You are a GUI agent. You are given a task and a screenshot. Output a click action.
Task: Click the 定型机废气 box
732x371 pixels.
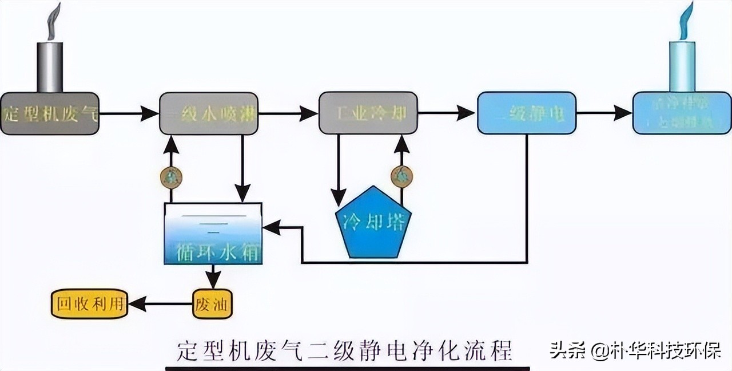(x=50, y=113)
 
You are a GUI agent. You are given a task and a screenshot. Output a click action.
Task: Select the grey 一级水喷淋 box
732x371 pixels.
(x=209, y=113)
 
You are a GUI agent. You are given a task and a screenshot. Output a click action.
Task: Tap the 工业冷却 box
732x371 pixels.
(x=368, y=113)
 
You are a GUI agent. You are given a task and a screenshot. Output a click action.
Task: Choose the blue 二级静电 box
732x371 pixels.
(x=527, y=113)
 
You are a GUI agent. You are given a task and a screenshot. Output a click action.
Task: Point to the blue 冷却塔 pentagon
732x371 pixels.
(x=373, y=223)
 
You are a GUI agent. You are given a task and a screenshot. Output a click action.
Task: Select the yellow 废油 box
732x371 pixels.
(x=213, y=303)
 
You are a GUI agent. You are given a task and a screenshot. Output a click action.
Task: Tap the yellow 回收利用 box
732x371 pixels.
(x=89, y=303)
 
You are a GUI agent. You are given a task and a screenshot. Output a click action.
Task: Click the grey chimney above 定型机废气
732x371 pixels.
(x=50, y=66)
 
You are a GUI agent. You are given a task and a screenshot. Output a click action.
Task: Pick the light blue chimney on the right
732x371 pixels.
(x=682, y=66)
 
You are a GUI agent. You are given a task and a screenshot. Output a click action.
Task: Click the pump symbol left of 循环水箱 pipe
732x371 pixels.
(x=171, y=177)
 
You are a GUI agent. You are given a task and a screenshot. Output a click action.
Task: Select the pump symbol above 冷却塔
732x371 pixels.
(x=401, y=176)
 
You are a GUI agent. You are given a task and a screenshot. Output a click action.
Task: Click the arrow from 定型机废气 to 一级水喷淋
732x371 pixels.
(x=129, y=113)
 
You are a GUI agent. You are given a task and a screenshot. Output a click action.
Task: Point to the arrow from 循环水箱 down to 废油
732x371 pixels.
(x=213, y=277)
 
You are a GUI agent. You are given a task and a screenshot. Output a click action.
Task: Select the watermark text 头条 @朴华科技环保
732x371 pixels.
(x=635, y=350)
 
